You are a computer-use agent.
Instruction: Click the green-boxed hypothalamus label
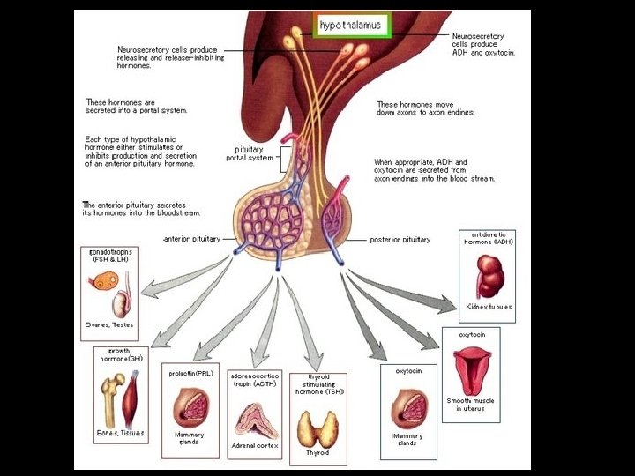click(x=350, y=25)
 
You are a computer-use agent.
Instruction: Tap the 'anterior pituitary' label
click(x=192, y=239)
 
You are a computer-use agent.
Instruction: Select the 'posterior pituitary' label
click(x=400, y=240)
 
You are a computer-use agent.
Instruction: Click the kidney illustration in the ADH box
click(x=488, y=275)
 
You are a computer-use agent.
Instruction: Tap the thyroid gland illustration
click(x=317, y=428)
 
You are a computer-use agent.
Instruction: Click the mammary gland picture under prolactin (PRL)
click(x=190, y=405)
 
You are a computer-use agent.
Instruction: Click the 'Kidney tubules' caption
click(x=489, y=307)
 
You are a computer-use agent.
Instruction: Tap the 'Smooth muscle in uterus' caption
click(x=475, y=405)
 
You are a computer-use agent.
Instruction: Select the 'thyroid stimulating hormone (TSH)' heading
click(x=318, y=384)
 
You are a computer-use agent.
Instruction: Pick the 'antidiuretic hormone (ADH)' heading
click(x=488, y=237)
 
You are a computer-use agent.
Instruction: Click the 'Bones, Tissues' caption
click(x=120, y=434)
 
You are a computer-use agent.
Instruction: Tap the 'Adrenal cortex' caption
click(x=254, y=446)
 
